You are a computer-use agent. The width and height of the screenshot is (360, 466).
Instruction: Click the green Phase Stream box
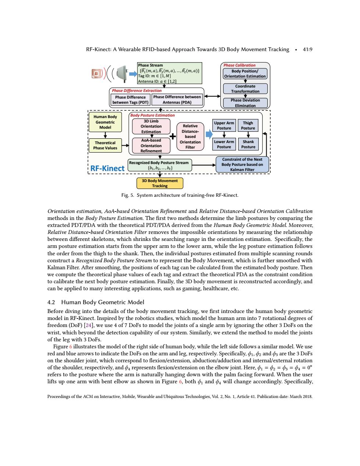tap(170, 73)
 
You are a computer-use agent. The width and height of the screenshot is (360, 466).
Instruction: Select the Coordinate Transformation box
tap(245, 89)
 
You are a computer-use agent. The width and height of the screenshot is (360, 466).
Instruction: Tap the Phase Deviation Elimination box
tap(245, 103)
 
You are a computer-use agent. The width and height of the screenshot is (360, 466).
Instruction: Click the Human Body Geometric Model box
tap(105, 122)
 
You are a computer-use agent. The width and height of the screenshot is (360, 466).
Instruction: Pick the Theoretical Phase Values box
tap(105, 145)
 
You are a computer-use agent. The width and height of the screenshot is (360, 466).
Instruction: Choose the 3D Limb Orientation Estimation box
tap(151, 127)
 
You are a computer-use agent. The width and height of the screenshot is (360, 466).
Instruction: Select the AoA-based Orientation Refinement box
tap(151, 146)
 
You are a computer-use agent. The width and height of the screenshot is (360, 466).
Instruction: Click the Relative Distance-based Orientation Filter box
tap(190, 136)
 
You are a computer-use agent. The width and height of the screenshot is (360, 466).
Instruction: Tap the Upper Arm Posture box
tap(224, 125)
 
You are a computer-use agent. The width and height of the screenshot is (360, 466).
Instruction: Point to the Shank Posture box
tap(248, 144)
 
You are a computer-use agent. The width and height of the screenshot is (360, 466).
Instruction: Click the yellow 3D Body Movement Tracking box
tap(160, 184)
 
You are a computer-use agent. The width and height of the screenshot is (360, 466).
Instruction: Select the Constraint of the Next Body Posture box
tap(242, 164)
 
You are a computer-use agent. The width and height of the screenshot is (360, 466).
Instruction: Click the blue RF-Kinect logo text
tap(107, 168)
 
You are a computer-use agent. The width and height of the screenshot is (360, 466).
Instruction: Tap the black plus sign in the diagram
tap(173, 136)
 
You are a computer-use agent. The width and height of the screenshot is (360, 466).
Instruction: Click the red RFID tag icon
tap(96, 74)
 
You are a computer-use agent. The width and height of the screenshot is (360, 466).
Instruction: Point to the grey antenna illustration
tap(122, 74)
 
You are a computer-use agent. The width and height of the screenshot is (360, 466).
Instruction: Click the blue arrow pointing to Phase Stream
tap(133, 74)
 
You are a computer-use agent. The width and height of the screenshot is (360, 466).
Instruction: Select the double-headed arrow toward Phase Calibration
tap(212, 96)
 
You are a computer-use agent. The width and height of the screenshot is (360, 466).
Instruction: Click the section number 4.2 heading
tap(51, 302)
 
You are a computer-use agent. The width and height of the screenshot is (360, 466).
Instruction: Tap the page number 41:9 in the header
tap(307, 50)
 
